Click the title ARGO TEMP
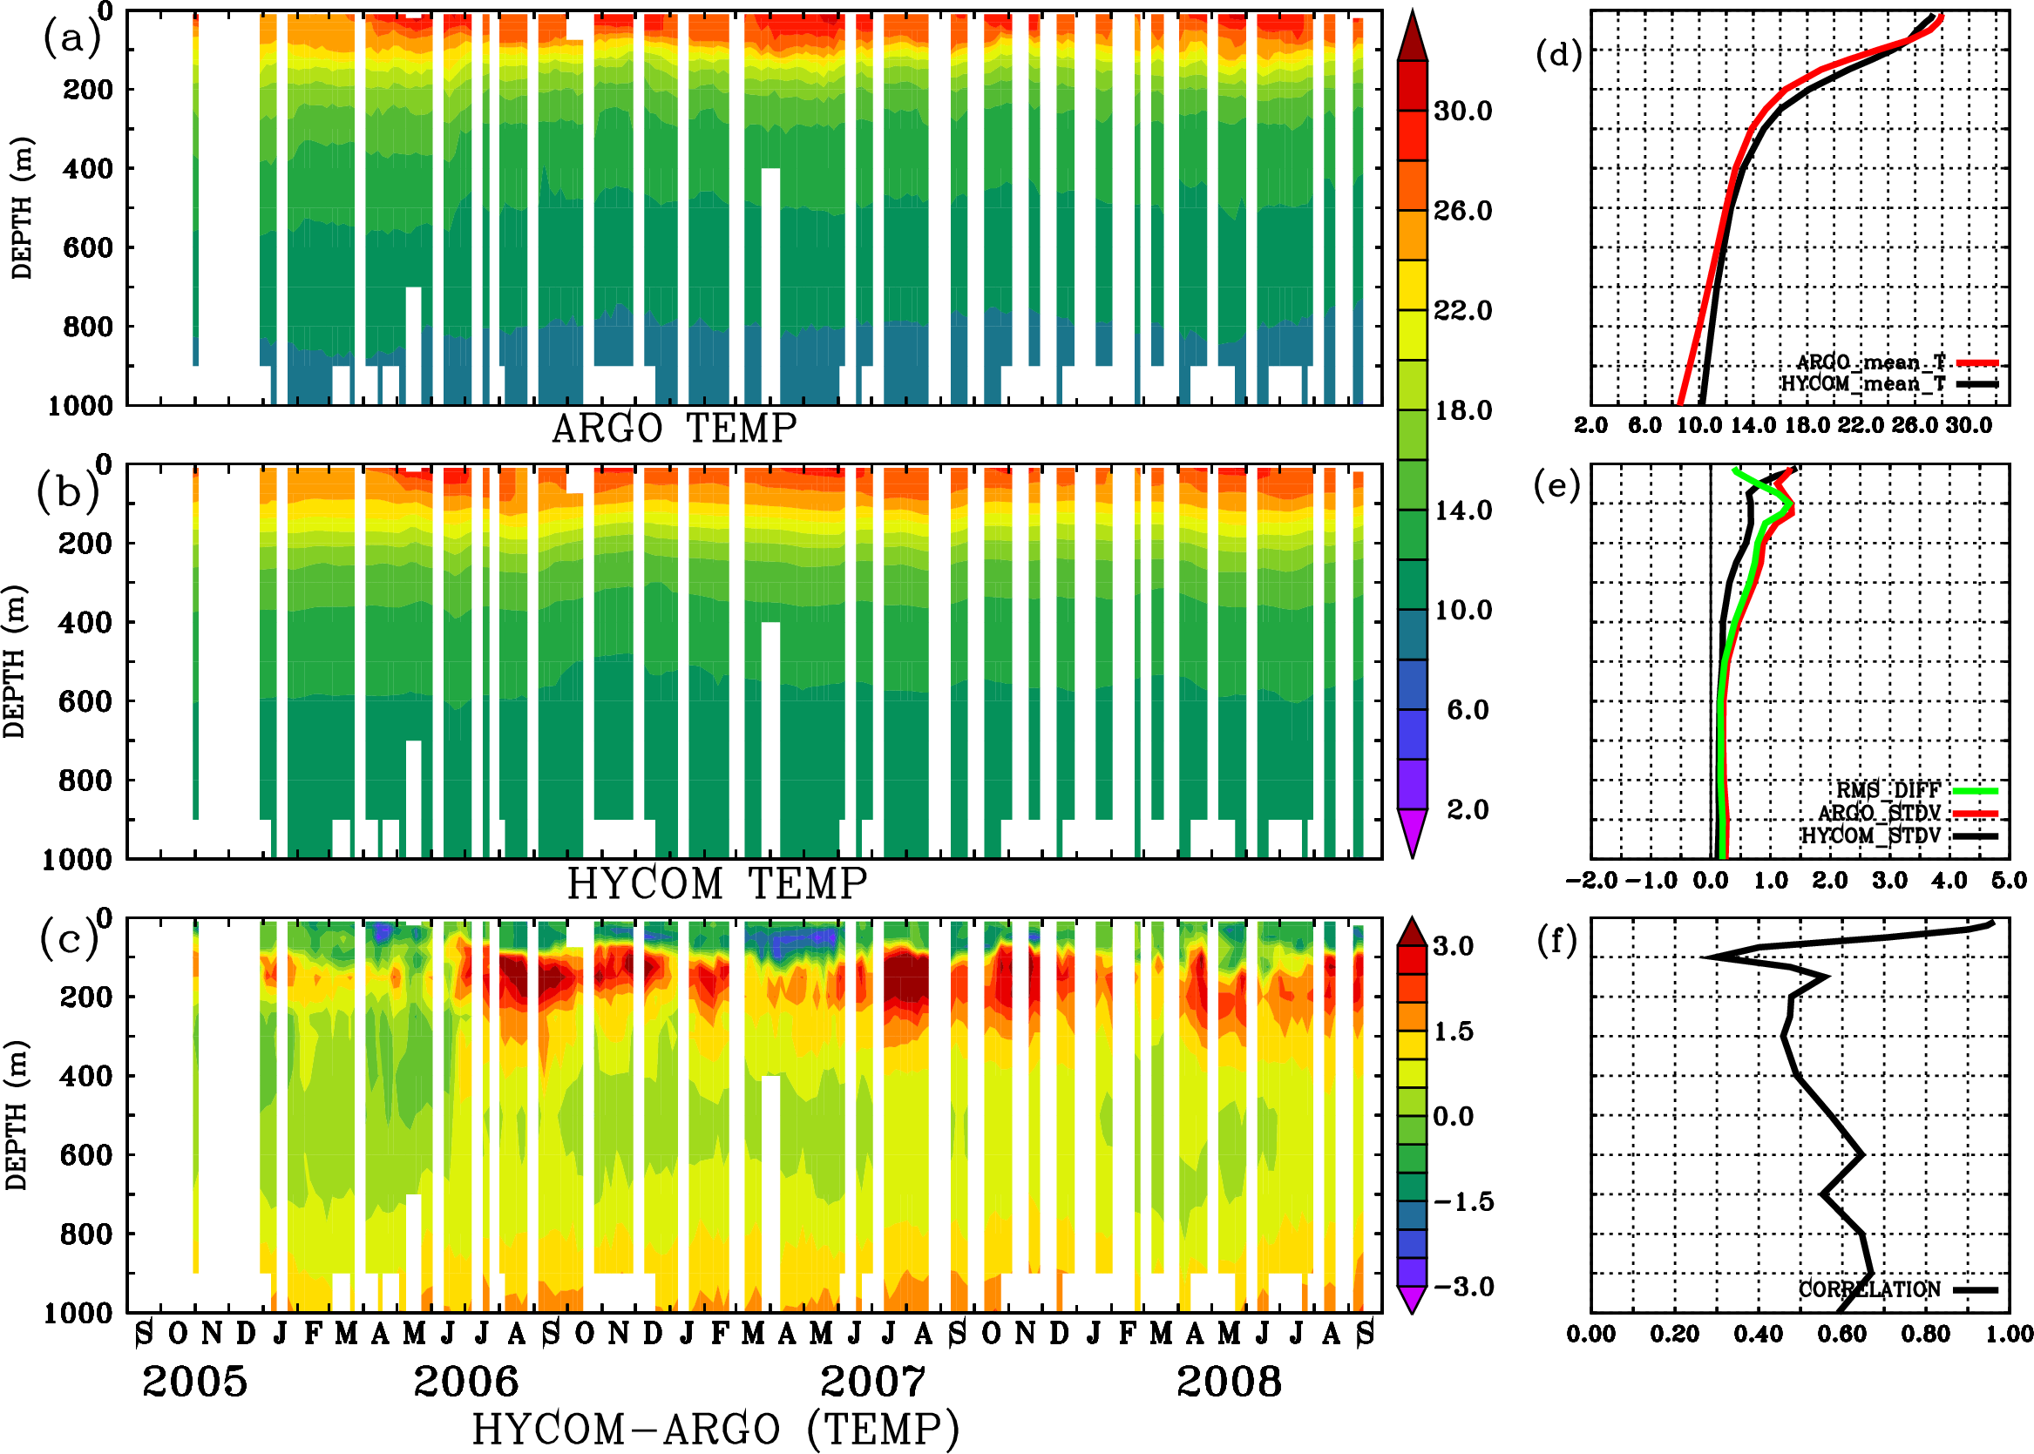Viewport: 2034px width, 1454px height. coord(674,429)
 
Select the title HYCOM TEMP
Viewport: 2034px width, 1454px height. coord(716,883)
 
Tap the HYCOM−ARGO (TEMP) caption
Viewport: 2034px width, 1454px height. coord(715,1429)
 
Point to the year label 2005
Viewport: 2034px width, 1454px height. coord(194,1382)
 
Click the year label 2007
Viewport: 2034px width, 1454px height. coord(873,1382)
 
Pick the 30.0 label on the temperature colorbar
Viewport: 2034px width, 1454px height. coord(1462,111)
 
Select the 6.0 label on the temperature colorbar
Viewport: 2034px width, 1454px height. coord(1467,710)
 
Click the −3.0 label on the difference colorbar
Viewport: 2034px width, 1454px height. coord(1463,1287)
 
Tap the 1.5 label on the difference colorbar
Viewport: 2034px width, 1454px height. coord(1454,1031)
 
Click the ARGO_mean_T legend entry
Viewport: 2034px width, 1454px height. coord(1871,362)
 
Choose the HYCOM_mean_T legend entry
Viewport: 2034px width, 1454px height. coord(1863,384)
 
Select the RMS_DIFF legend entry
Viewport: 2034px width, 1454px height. coord(1888,790)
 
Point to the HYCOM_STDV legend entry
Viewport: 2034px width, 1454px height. coord(1871,836)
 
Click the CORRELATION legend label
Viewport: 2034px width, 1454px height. coord(1869,1290)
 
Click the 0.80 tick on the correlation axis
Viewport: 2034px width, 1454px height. coord(1926,1334)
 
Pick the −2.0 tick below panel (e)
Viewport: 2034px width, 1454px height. coord(1590,880)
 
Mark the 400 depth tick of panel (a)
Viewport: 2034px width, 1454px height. coord(87,168)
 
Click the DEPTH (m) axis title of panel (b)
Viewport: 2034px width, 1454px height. coord(16,660)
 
